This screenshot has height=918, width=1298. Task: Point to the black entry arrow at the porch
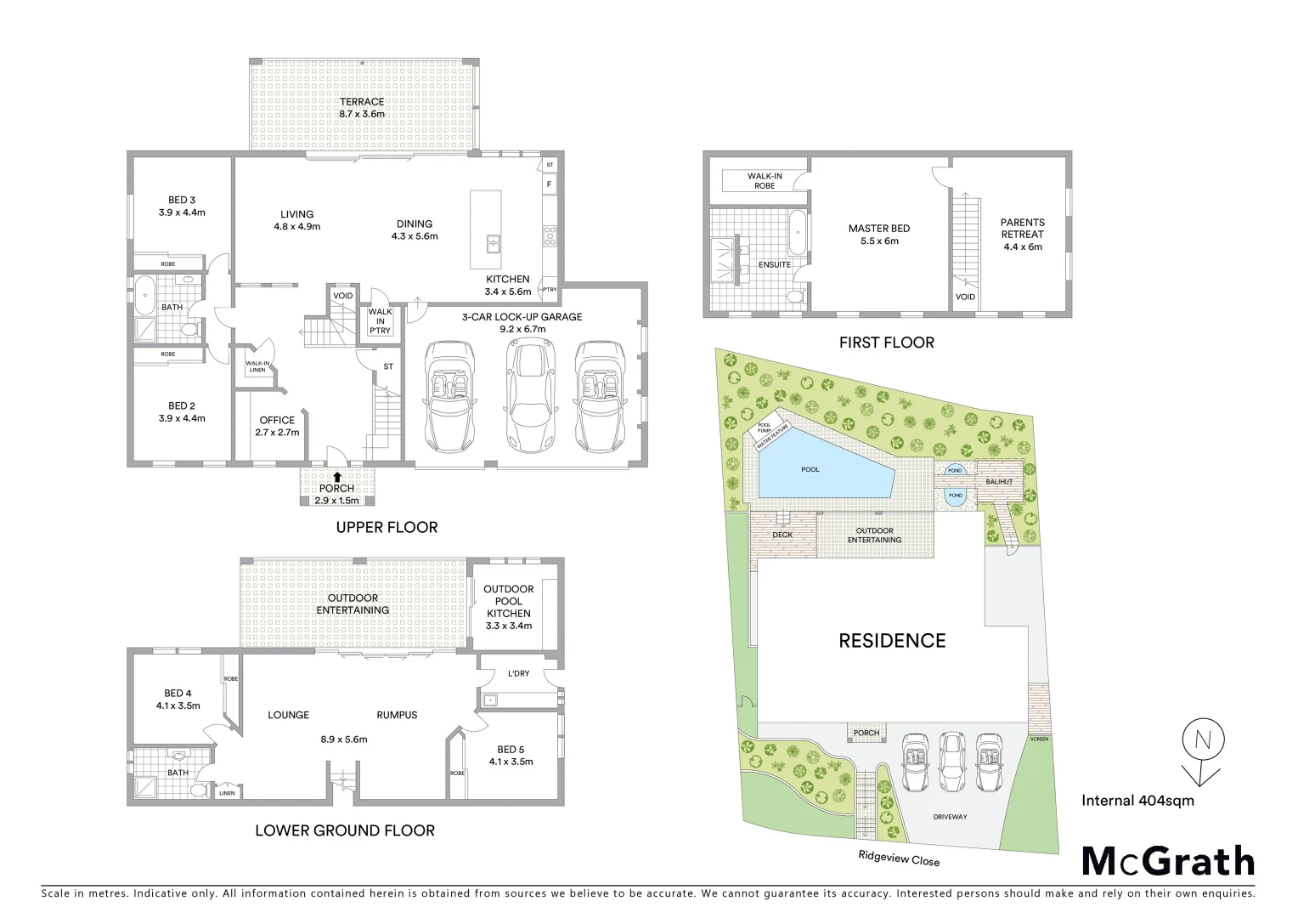(x=338, y=477)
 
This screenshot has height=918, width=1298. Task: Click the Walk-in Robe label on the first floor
(x=765, y=181)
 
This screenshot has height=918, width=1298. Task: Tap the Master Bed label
(x=879, y=235)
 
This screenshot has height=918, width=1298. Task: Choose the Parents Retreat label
(x=1022, y=235)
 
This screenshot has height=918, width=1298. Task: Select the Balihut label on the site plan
(x=999, y=482)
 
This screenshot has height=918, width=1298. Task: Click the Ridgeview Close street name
(x=897, y=859)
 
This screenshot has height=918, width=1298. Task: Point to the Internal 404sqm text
(x=1137, y=800)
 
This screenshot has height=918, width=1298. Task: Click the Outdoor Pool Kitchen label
(x=508, y=607)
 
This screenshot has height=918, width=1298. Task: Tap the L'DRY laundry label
(x=518, y=673)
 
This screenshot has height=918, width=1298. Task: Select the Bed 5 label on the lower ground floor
(x=511, y=755)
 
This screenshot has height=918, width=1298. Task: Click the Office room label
(x=277, y=426)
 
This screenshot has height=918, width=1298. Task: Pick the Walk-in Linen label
(x=257, y=366)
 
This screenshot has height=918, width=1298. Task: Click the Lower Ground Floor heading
(x=345, y=830)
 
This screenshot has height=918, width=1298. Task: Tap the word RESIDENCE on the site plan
(x=892, y=641)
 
